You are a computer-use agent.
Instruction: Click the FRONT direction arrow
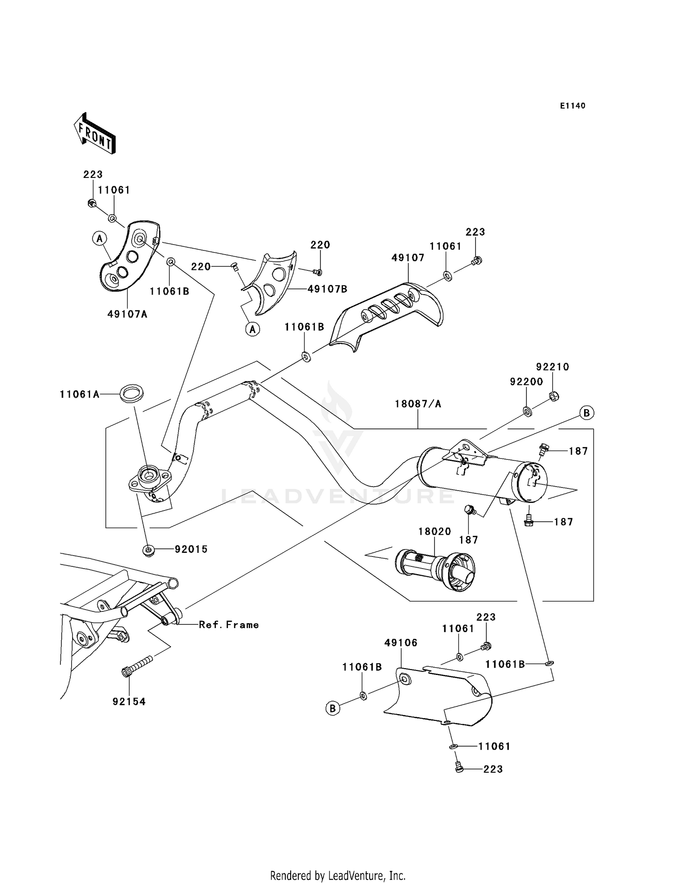pyautogui.click(x=95, y=134)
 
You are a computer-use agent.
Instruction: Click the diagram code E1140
pyautogui.click(x=573, y=106)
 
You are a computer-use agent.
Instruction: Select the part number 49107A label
pyautogui.click(x=128, y=314)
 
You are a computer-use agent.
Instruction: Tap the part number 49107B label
pyautogui.click(x=328, y=289)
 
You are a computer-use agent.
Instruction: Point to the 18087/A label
pyautogui.click(x=418, y=404)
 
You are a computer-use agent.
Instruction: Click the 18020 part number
pyautogui.click(x=435, y=531)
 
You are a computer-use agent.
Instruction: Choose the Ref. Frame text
pyautogui.click(x=229, y=624)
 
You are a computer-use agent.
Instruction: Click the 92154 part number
pyautogui.click(x=129, y=702)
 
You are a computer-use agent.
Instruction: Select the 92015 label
pyautogui.click(x=191, y=549)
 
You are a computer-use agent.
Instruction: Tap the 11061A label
pyautogui.click(x=79, y=394)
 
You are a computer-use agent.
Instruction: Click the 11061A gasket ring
pyautogui.click(x=132, y=392)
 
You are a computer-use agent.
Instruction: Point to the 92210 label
pyautogui.click(x=553, y=367)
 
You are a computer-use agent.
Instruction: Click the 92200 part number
pyautogui.click(x=527, y=382)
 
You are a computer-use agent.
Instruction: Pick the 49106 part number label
pyautogui.click(x=401, y=642)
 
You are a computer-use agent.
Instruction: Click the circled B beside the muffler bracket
pyautogui.click(x=587, y=412)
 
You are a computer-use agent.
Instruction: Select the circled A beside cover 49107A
pyautogui.click(x=100, y=238)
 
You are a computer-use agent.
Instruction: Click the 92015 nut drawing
pyautogui.click(x=147, y=550)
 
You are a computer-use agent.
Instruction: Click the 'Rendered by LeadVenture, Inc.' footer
pyautogui.click(x=338, y=875)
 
